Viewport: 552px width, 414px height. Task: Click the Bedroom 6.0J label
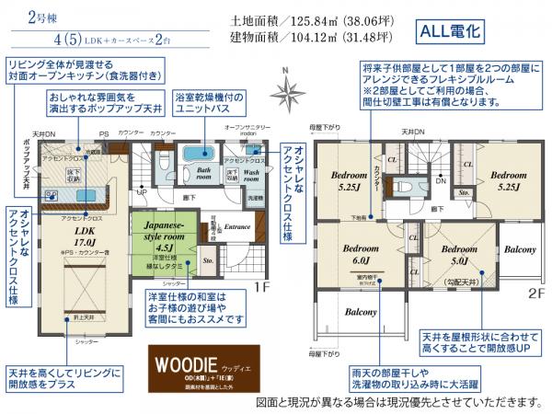360,254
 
